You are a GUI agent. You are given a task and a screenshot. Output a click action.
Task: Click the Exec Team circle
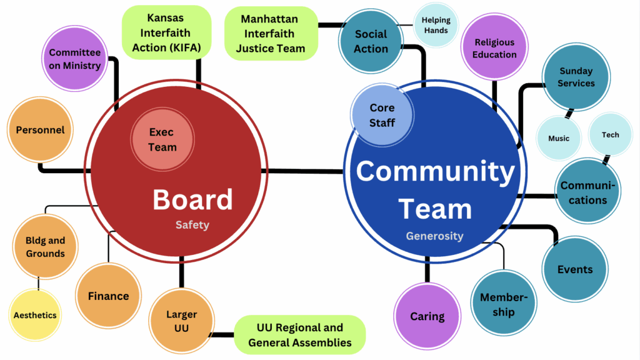162,139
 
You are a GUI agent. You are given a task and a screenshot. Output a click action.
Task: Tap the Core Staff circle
381,115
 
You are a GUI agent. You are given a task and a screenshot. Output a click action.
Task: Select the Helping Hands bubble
435,25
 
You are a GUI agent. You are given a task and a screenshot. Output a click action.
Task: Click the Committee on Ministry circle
74,59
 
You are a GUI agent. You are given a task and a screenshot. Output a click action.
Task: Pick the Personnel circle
40,130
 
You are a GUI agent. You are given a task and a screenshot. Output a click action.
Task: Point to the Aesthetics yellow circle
35,315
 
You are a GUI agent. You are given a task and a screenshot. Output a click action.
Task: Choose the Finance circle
108,296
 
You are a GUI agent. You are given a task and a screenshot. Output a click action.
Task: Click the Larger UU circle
181,321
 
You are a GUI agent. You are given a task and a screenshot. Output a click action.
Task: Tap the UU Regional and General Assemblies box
299,335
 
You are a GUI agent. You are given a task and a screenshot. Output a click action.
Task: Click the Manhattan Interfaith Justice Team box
270,34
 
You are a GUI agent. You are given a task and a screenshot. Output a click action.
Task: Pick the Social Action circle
371,41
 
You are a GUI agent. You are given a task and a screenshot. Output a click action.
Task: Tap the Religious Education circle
494,48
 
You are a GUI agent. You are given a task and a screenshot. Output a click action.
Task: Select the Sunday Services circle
576,77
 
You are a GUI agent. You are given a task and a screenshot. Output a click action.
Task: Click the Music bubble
558,138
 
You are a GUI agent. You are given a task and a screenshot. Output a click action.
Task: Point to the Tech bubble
610,134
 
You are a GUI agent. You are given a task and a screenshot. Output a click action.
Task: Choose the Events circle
574,269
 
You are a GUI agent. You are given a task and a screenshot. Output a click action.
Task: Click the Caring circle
427,316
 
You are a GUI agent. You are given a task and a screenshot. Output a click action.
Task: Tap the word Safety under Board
192,225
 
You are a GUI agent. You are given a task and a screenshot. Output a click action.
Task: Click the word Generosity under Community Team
434,236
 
